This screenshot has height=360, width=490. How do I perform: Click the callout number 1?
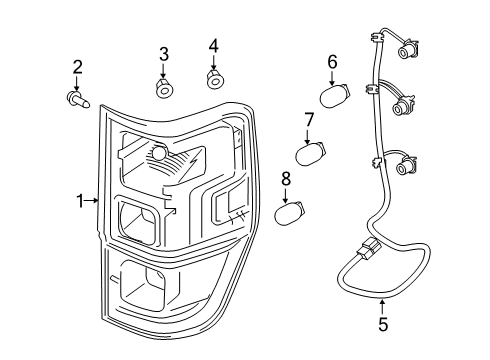pyautogui.click(x=81, y=201)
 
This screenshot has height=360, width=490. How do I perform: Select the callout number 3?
pyautogui.click(x=164, y=53)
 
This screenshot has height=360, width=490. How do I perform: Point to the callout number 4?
pyautogui.click(x=213, y=46)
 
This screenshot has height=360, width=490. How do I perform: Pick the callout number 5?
pyautogui.click(x=382, y=325)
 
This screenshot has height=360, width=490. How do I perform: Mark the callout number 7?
pyautogui.click(x=310, y=120)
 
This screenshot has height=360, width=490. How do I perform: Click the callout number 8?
pyautogui.click(x=286, y=179)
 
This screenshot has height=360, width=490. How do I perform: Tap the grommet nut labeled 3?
pyautogui.click(x=165, y=88)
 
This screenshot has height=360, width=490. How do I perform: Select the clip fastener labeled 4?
pyautogui.click(x=213, y=78)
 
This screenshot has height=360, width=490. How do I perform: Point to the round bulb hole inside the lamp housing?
pyautogui.click(x=157, y=152)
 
